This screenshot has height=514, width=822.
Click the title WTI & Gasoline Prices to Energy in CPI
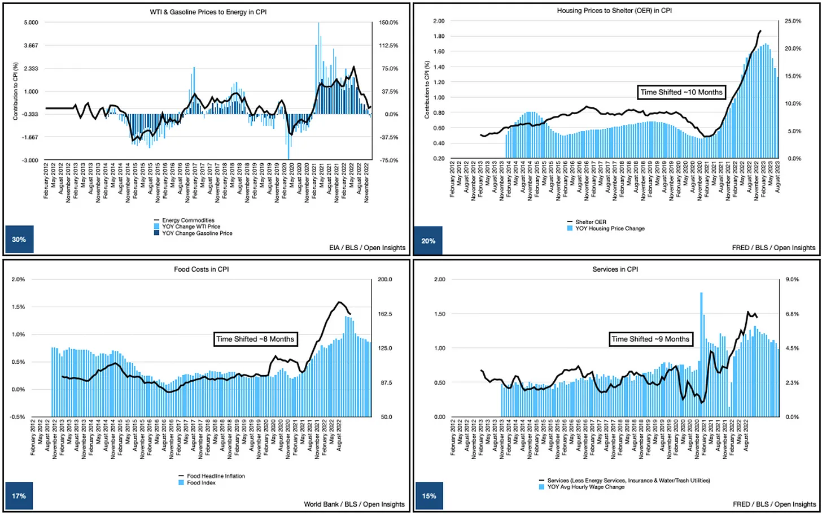[x=208, y=11]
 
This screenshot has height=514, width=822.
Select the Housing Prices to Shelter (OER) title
[x=614, y=10]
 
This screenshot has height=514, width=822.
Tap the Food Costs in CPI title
[x=201, y=269]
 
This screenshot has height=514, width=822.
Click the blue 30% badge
[x=19, y=239]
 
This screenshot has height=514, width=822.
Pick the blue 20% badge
[x=429, y=241]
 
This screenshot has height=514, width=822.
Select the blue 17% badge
[x=19, y=496]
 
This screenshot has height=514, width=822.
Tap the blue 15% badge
[x=429, y=496]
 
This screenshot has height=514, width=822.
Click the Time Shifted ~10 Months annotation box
[x=681, y=92]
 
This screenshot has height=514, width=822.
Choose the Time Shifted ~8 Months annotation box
[x=255, y=339]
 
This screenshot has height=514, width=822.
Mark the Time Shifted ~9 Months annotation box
[x=650, y=339]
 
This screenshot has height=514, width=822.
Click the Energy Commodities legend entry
[x=188, y=220]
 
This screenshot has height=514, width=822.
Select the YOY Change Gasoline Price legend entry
[x=197, y=233]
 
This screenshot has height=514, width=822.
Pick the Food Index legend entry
[x=201, y=483]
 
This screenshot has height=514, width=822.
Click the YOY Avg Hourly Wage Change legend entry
[x=585, y=487]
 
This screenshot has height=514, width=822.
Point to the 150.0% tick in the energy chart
[x=388, y=23]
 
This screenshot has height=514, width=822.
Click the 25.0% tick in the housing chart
[x=793, y=21]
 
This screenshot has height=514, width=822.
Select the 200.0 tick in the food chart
[x=384, y=280]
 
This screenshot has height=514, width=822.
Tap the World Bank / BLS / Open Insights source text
[x=354, y=504]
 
